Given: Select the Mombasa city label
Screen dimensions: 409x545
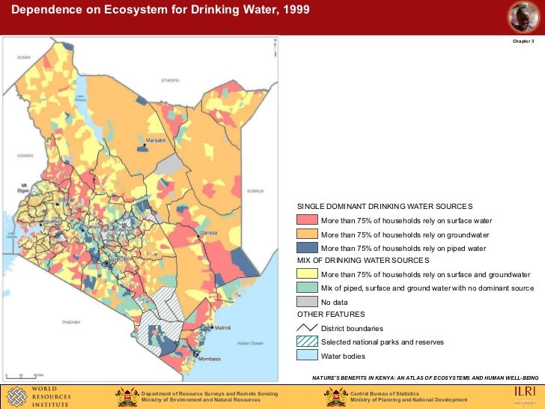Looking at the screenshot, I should point(209,360).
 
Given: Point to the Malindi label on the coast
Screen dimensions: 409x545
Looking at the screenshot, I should point(223,328).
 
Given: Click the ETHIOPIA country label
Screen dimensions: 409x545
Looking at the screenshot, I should point(171,80).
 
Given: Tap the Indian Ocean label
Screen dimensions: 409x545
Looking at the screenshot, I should point(251,343).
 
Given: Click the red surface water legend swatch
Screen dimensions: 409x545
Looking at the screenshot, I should point(307,220).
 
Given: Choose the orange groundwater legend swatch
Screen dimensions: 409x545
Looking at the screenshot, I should point(307,234).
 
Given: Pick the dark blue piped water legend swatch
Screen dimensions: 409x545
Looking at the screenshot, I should point(307,247).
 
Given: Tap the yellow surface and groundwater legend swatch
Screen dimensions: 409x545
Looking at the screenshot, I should point(307,274).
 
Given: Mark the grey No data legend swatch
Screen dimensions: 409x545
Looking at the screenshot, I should point(307,301).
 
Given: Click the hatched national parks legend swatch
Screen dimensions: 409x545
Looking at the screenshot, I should point(307,342).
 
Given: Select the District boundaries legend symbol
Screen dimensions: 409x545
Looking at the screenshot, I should point(307,328).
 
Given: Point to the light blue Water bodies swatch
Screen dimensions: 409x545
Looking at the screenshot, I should point(307,355).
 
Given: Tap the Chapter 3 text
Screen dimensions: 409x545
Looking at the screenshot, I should point(523,40).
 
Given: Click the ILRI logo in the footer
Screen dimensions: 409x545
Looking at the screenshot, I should point(525,395).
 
